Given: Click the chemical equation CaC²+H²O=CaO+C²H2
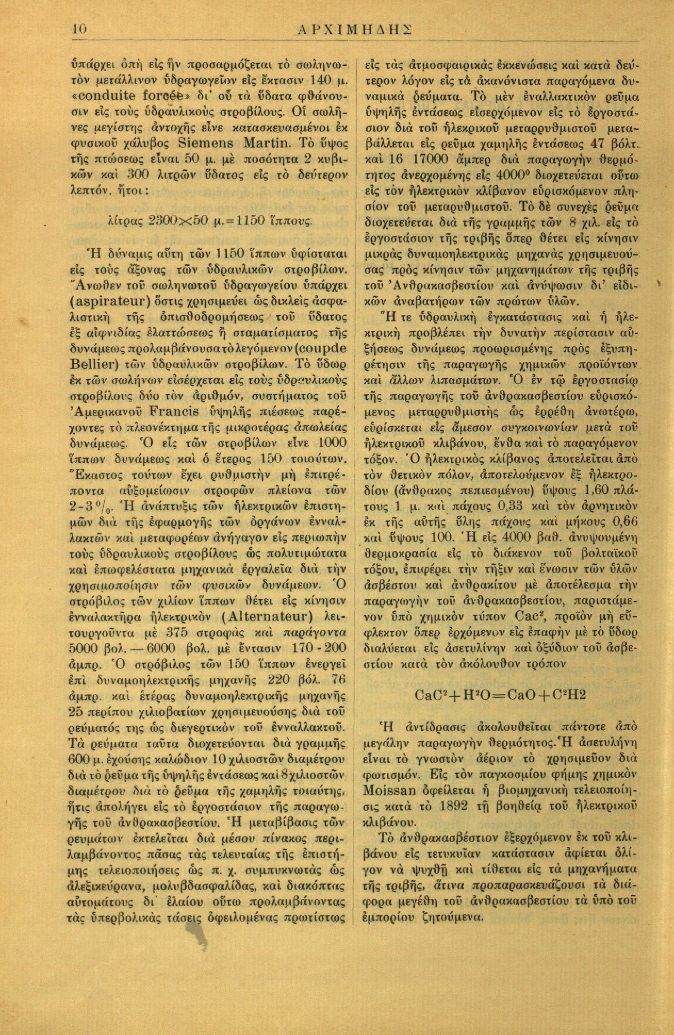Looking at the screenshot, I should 499,695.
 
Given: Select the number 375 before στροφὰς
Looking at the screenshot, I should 179,633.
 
